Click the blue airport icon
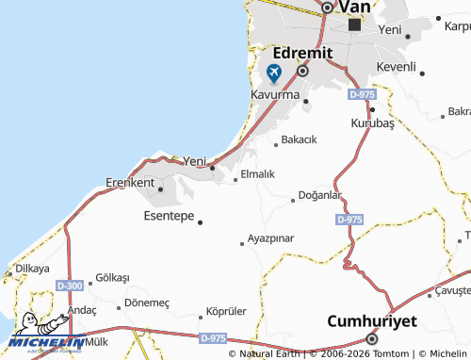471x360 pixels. point(274,73)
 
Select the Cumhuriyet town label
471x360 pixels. point(371,320)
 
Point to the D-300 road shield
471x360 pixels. point(69,285)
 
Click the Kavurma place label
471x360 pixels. point(275,96)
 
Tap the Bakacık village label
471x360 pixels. point(299,139)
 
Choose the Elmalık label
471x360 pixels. point(257,174)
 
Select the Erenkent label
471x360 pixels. point(130,182)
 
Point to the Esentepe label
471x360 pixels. point(169,216)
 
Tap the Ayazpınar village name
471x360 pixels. point(270,237)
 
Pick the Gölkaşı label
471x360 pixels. point(112,278)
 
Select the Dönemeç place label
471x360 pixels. point(147,303)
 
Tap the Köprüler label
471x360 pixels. point(226,312)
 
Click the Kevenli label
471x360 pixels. point(396,67)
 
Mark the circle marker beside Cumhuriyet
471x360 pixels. point(372,338)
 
